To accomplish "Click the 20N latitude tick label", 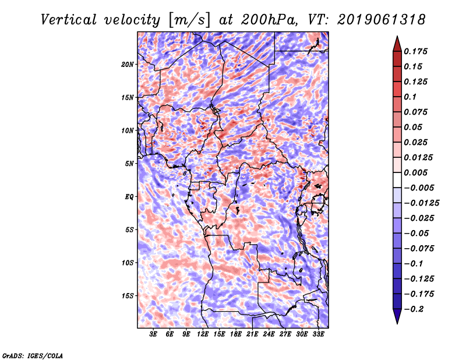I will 128,64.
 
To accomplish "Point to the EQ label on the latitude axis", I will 129,196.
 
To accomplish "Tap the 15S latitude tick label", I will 128,295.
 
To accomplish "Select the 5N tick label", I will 129,164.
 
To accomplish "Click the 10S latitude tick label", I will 128,263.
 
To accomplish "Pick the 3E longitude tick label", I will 154,334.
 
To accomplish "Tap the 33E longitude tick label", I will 319,334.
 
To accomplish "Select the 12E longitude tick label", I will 203,334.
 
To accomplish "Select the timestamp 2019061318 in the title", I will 381,20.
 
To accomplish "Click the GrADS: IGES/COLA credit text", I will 32,355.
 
